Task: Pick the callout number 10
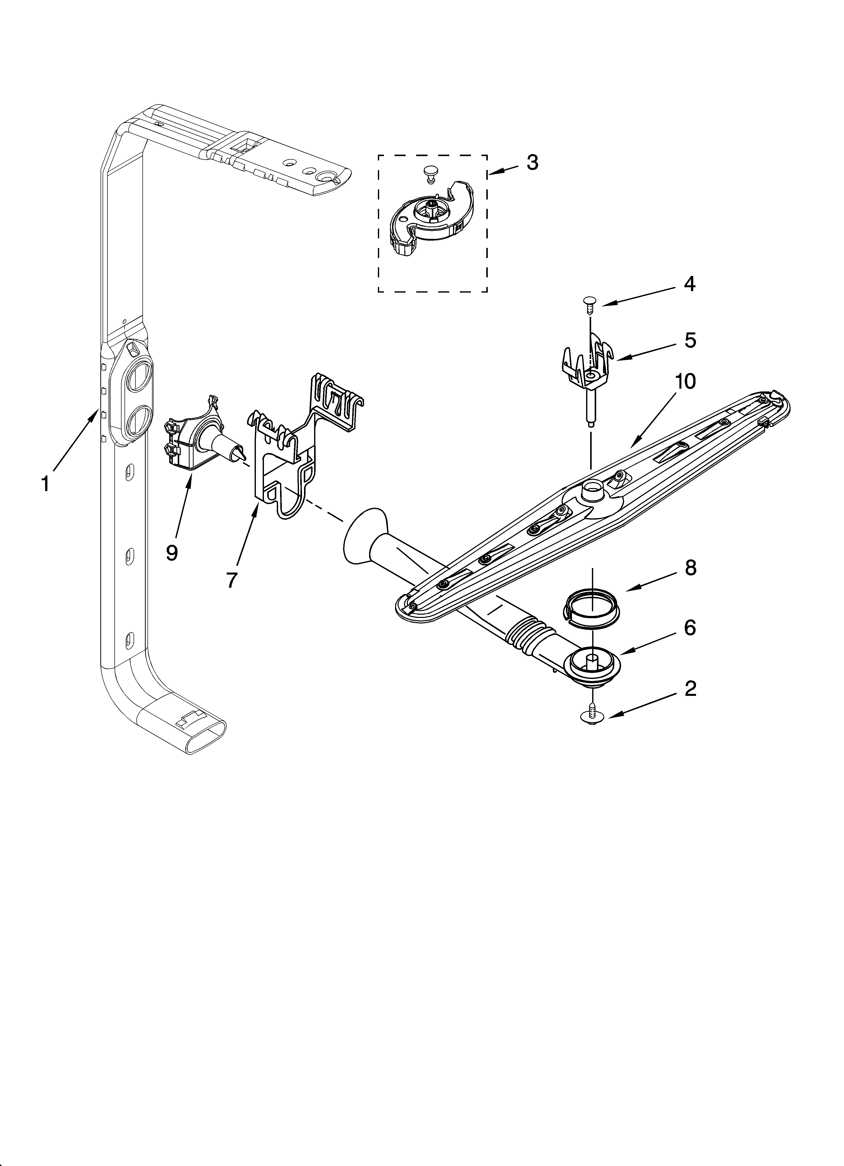(x=686, y=381)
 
